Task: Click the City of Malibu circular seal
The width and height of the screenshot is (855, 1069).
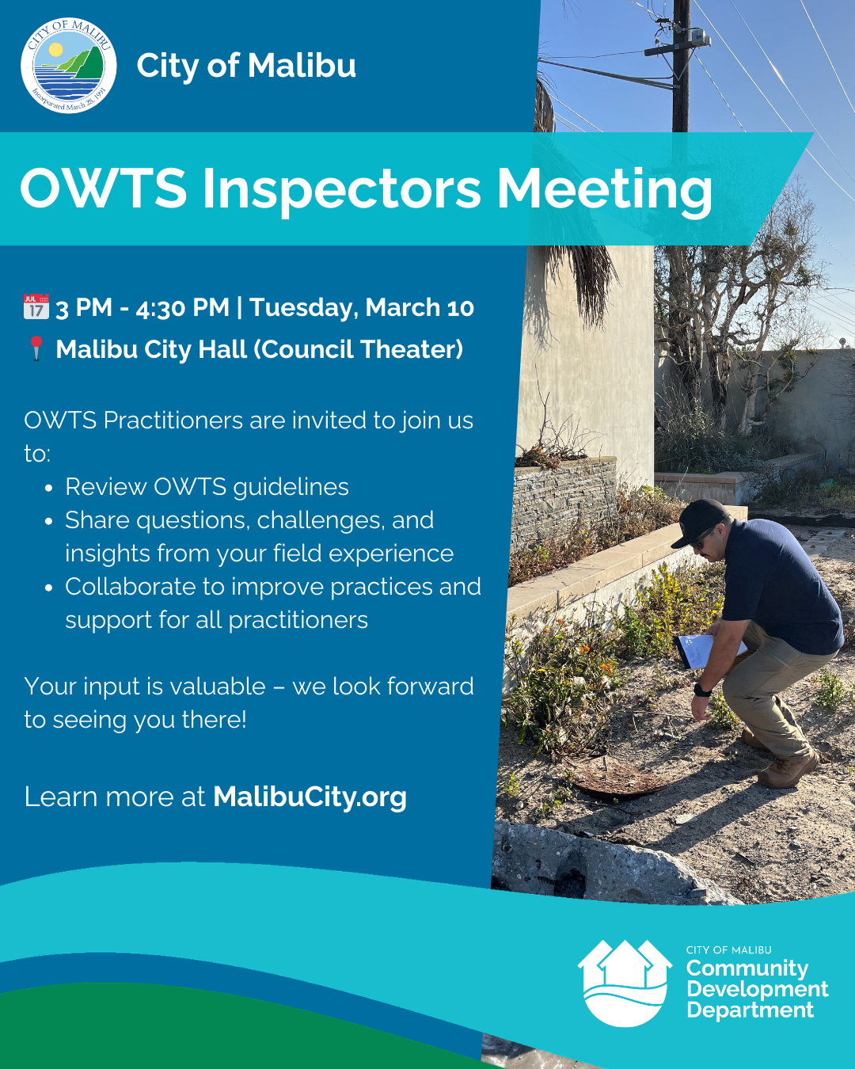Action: pos(69,66)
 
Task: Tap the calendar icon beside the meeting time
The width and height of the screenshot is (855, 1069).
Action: pos(36,307)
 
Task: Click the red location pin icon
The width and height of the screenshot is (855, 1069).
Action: pos(36,348)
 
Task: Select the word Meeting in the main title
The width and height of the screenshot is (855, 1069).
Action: pos(604,190)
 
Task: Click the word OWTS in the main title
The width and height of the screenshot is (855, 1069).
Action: pos(104,190)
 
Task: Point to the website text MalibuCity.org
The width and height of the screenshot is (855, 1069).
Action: pos(310,797)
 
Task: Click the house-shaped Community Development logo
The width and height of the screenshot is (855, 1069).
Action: pos(625,983)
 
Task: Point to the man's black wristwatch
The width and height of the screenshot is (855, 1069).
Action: pos(702,690)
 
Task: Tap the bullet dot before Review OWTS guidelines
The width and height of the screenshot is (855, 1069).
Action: pos(49,489)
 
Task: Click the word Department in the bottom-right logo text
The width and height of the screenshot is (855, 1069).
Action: pos(750,1010)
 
